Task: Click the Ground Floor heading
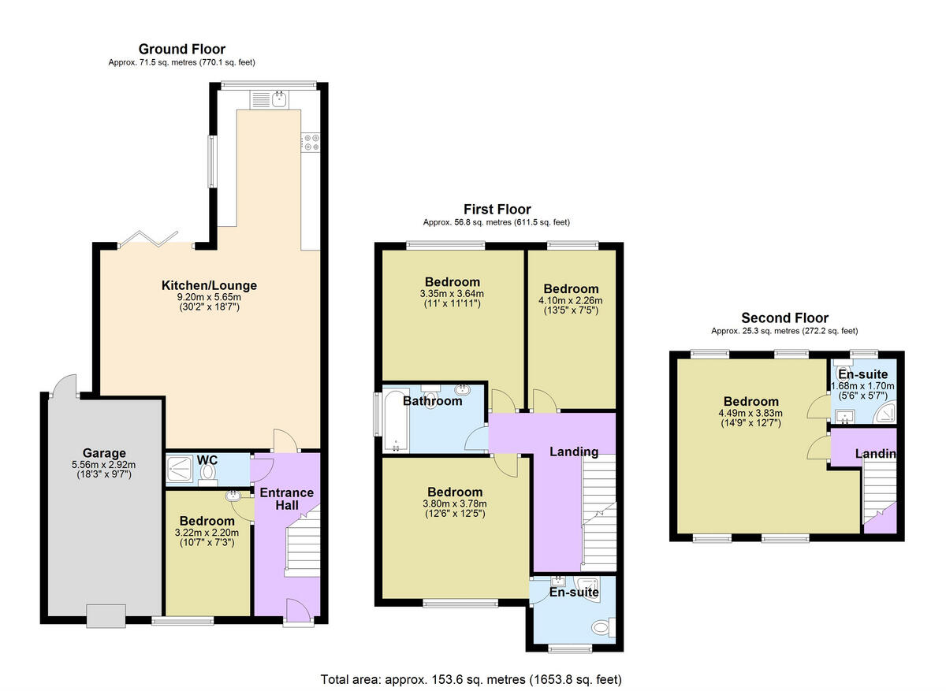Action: click(x=182, y=49)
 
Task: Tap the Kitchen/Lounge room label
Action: click(x=209, y=285)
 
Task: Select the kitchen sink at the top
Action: click(x=278, y=98)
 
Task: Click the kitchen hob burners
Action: click(x=310, y=141)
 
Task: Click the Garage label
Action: click(x=104, y=453)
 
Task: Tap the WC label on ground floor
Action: click(x=207, y=459)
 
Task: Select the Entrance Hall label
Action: click(x=287, y=500)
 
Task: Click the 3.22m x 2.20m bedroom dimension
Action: click(x=207, y=533)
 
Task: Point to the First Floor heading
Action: click(x=497, y=209)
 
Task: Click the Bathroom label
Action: click(x=432, y=401)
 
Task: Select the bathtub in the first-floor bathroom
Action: click(x=393, y=422)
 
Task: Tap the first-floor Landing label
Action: click(x=574, y=451)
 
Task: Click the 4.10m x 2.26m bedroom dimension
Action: click(x=570, y=300)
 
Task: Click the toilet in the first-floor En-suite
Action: click(x=602, y=629)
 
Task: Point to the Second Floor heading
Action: click(x=784, y=318)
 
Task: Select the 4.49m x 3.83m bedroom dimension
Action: click(x=746, y=414)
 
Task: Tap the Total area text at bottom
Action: click(x=471, y=678)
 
